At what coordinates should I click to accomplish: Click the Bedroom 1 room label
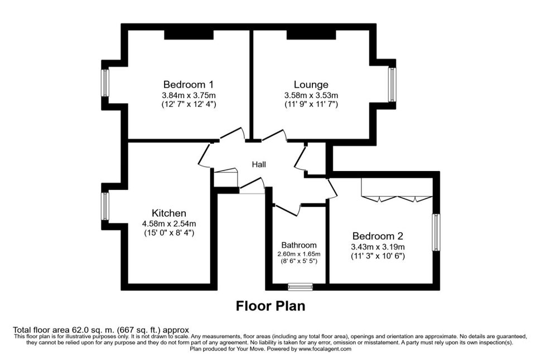(x=189, y=85)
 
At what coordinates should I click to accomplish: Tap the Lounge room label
(x=311, y=85)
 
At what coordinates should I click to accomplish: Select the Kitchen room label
(x=169, y=213)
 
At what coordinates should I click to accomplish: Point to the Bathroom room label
(x=299, y=245)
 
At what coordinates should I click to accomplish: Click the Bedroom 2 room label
(x=378, y=236)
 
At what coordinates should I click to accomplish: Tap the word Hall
(x=259, y=164)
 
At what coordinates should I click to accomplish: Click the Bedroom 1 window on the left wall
(x=105, y=83)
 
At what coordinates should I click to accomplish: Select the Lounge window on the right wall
(x=392, y=85)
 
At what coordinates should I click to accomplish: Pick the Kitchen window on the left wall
(x=105, y=206)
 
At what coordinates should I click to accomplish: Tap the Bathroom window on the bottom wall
(x=301, y=286)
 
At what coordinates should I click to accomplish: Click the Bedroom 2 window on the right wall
(x=437, y=232)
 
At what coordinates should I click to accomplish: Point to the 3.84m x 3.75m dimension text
(x=189, y=95)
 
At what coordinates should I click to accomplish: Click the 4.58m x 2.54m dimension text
(x=169, y=224)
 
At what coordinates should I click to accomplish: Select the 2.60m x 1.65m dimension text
(x=299, y=254)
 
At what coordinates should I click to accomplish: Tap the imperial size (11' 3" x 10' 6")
(x=378, y=256)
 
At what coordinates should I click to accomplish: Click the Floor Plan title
(x=270, y=306)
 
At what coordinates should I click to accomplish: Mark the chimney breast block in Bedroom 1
(x=189, y=35)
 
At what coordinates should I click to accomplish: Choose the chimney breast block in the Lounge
(x=311, y=35)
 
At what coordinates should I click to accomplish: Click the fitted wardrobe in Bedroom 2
(x=397, y=188)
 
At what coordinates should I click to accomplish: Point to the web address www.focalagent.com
(x=325, y=349)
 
